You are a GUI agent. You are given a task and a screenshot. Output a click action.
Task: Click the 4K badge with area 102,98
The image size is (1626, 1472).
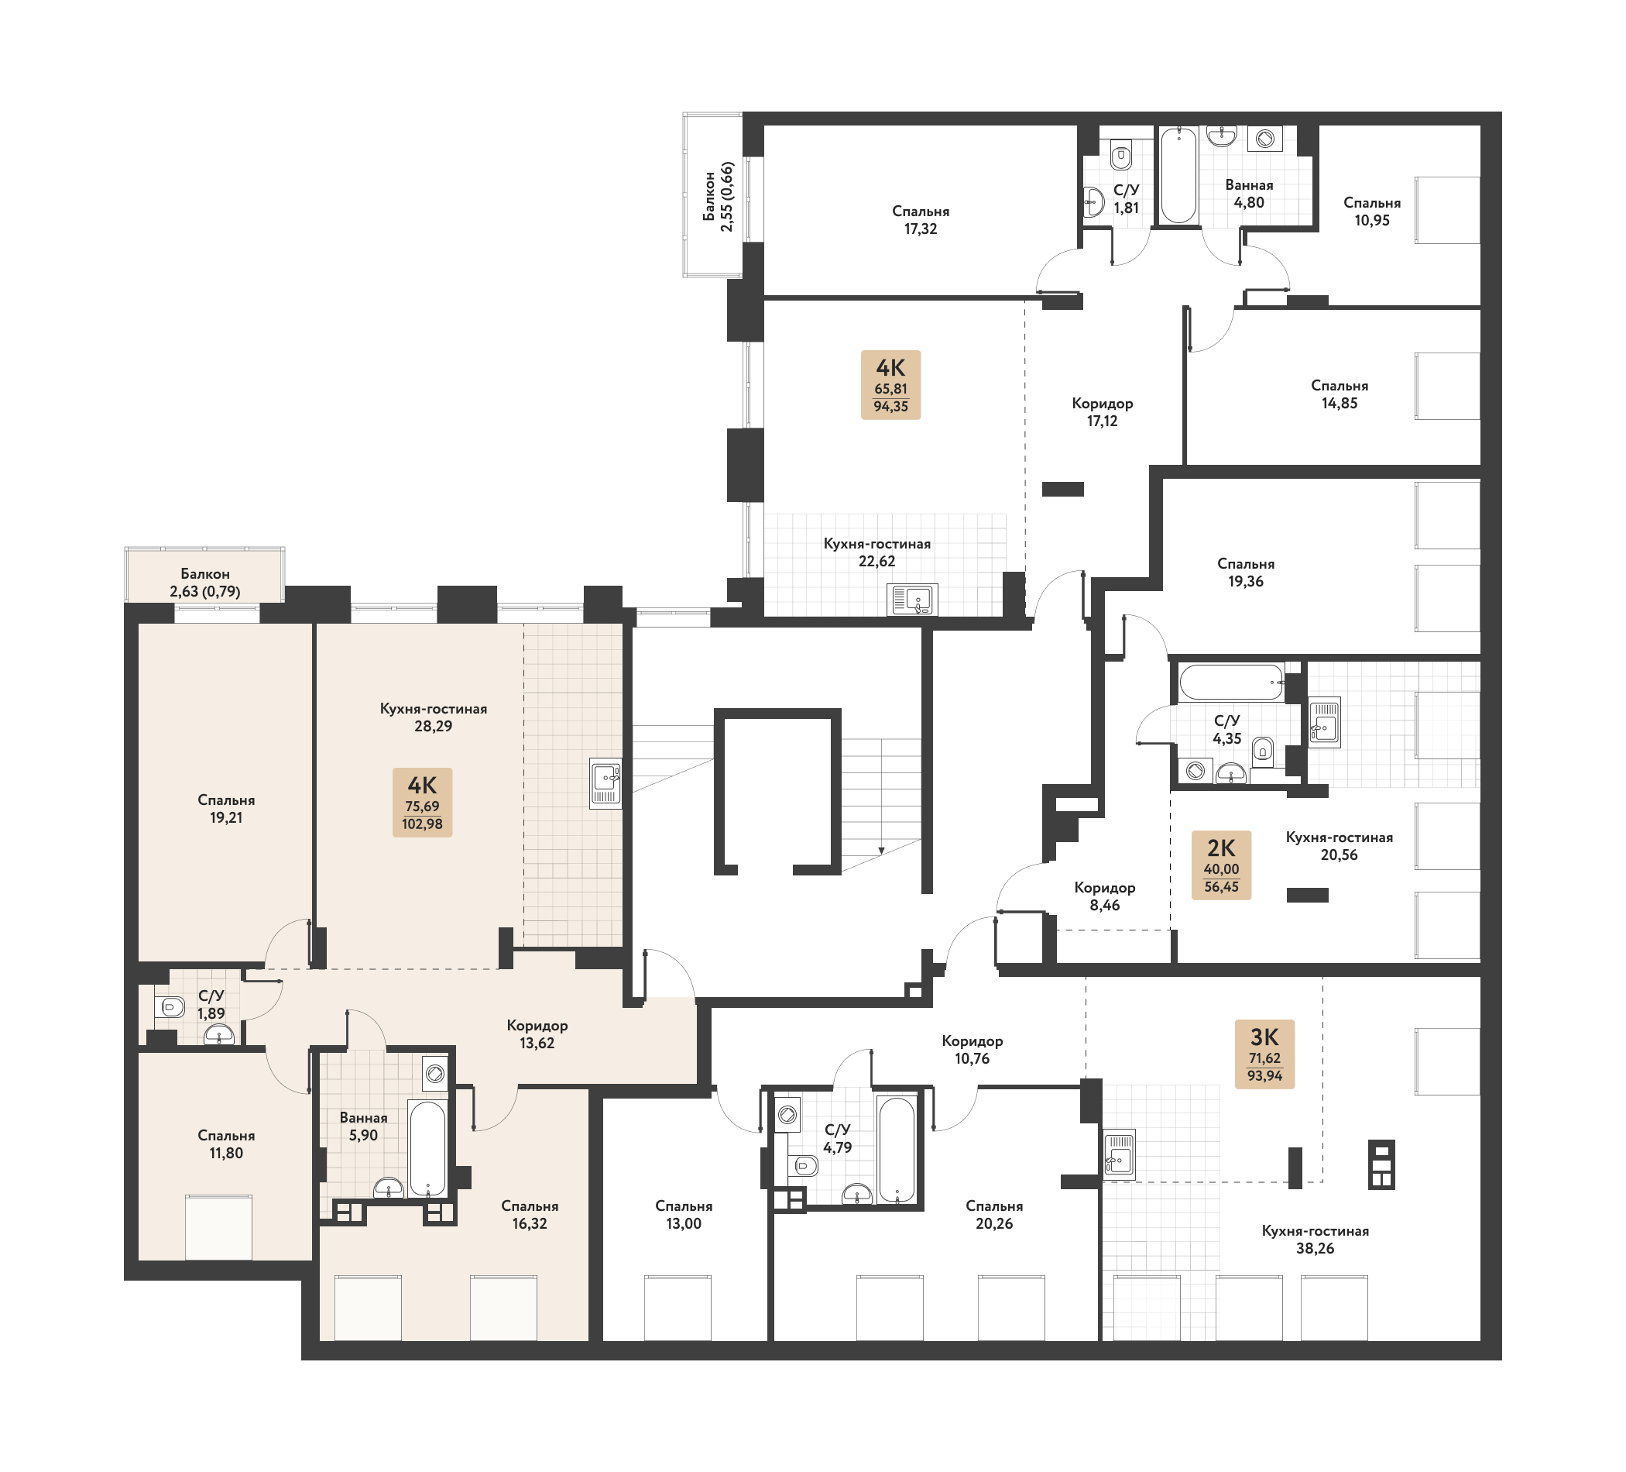pyautogui.click(x=422, y=802)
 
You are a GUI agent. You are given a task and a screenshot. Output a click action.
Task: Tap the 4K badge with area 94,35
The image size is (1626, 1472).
pyautogui.click(x=890, y=385)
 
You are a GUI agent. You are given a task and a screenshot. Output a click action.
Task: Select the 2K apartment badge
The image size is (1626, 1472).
pyautogui.click(x=1221, y=865)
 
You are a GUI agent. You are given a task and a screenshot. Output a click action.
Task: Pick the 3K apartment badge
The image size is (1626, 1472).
pyautogui.click(x=1264, y=1054)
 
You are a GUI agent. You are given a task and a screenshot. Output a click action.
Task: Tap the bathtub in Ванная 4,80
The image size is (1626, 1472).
pyautogui.click(x=1178, y=175)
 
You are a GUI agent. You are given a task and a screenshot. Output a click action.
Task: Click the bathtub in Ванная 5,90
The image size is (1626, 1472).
pyautogui.click(x=427, y=1147)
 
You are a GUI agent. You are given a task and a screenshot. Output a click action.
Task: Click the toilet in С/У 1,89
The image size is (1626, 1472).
pyautogui.click(x=171, y=1006)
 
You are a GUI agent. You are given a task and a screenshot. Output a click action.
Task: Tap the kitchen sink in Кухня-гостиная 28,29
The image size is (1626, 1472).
pyautogui.click(x=605, y=782)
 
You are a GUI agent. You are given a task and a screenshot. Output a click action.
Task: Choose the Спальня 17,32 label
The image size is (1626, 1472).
pyautogui.click(x=921, y=219)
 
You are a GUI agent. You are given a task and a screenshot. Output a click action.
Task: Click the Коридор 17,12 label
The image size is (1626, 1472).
pyautogui.click(x=1102, y=411)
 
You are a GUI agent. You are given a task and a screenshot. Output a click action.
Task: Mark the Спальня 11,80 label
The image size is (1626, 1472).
pyautogui.click(x=226, y=1144)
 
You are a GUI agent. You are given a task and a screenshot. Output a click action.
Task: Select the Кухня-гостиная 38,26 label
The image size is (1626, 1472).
pyautogui.click(x=1315, y=1240)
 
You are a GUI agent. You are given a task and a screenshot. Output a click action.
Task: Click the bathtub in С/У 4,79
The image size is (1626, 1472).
pyautogui.click(x=897, y=1150)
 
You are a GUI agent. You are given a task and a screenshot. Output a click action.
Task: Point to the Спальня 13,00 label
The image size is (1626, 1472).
pyautogui.click(x=683, y=1215)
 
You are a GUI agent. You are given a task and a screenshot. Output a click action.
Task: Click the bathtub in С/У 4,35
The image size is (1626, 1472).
pyautogui.click(x=1231, y=682)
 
